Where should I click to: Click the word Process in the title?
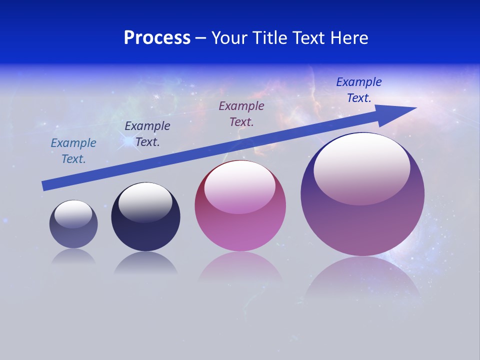tap(157, 38)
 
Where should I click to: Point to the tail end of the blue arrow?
tap(46, 185)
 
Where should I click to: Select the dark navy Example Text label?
tap(147, 134)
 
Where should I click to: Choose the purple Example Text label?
tap(241, 113)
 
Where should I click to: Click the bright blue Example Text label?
tap(359, 90)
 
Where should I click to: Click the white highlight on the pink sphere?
tap(240, 186)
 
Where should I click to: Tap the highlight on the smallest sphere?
tap(73, 213)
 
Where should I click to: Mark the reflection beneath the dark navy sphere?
tap(145, 263)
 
